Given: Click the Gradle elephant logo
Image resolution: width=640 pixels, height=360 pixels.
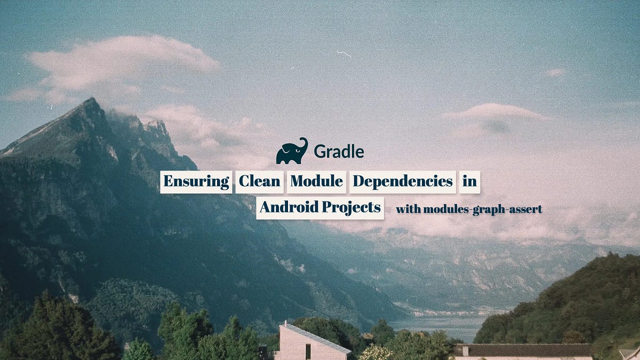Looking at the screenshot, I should (291, 151).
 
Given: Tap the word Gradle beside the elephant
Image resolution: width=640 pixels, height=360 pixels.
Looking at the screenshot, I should (339, 152).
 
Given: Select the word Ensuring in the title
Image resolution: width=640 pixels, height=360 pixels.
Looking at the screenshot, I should (196, 181).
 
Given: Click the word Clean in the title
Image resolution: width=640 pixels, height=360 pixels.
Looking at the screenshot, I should (260, 181).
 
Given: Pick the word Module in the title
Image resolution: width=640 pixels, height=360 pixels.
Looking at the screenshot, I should (316, 181).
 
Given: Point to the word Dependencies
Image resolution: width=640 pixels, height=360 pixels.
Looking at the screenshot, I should (403, 181).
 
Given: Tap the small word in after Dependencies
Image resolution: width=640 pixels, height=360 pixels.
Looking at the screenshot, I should (469, 181).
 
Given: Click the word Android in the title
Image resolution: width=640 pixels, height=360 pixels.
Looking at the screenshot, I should (289, 207).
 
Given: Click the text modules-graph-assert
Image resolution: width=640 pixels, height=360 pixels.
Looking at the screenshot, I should (483, 210).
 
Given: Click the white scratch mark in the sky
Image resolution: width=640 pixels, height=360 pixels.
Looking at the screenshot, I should (344, 53).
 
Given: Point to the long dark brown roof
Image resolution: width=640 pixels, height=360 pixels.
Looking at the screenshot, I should (523, 350).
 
